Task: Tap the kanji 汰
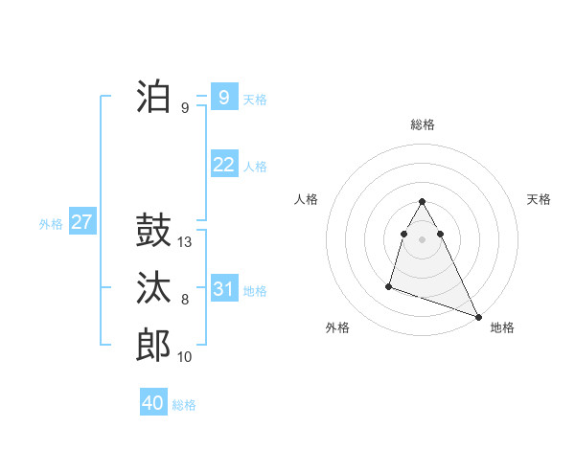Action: pyautogui.click(x=153, y=287)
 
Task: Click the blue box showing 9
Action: pyautogui.click(x=223, y=97)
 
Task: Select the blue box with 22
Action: pyautogui.click(x=223, y=165)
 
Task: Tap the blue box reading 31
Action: pyautogui.click(x=223, y=289)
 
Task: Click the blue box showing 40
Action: pyautogui.click(x=152, y=403)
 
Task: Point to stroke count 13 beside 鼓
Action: pyautogui.click(x=185, y=242)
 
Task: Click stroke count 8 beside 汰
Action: pyautogui.click(x=185, y=300)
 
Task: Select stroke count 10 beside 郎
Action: pyautogui.click(x=185, y=357)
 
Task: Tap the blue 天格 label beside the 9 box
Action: pyautogui.click(x=255, y=99)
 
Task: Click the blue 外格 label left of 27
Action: pyautogui.click(x=51, y=224)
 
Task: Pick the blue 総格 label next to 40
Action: pyautogui.click(x=184, y=405)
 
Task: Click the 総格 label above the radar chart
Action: pyautogui.click(x=422, y=124)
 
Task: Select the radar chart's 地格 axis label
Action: pyautogui.click(x=502, y=327)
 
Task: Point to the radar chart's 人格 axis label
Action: pyautogui.click(x=306, y=199)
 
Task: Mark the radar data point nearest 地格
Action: pyautogui.click(x=478, y=317)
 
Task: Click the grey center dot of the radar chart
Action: pyautogui.click(x=422, y=237)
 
